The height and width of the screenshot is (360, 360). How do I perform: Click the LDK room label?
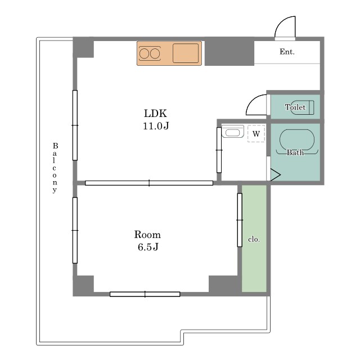[155, 114]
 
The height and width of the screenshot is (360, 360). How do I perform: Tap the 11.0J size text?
[156, 126]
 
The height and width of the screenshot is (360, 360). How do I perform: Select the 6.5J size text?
[148, 247]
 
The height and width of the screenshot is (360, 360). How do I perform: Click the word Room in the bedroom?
[147, 235]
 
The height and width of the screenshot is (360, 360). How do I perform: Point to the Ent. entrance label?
[287, 52]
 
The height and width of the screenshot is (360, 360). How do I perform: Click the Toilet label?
[295, 107]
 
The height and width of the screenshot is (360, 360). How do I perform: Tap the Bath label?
[295, 152]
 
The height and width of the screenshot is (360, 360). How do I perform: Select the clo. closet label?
[254, 240]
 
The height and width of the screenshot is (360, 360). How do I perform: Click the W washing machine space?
[256, 134]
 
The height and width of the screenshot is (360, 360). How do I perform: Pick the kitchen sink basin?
[186, 53]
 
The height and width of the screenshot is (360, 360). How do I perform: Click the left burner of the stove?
[144, 54]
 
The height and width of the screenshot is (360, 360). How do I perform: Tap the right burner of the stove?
[155, 54]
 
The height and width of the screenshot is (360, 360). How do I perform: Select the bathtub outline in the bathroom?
[297, 130]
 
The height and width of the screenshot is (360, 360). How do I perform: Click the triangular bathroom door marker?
[276, 175]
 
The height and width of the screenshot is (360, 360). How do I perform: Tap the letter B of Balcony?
[55, 146]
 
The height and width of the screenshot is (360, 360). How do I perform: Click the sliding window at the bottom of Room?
[145, 294]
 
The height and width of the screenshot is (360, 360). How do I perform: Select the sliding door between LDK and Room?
[149, 183]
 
